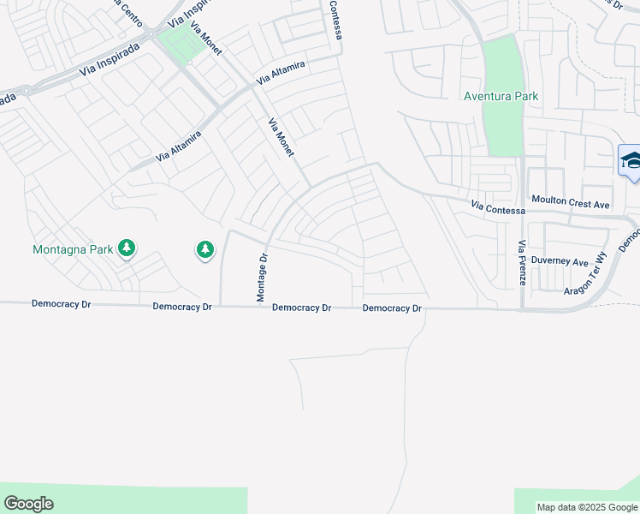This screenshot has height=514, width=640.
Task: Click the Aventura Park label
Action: [x=501, y=96]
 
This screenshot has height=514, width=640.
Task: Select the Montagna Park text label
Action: [x=72, y=250]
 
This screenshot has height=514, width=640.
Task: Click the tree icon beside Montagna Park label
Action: [x=127, y=248]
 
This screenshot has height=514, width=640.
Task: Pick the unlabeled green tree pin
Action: [x=204, y=249]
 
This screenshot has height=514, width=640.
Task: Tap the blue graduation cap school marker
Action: [x=631, y=161]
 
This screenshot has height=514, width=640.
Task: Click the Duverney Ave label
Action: [x=560, y=261]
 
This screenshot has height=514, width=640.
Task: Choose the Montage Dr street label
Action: [x=263, y=276]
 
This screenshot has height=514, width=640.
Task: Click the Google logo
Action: [x=28, y=504]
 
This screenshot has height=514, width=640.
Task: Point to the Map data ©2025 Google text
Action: [x=588, y=507]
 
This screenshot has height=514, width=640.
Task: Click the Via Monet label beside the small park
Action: [x=206, y=39]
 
